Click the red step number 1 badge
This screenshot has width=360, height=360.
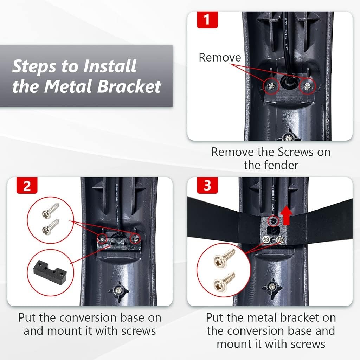click(x=207, y=20)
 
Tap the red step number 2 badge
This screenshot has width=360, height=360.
click(x=27, y=186)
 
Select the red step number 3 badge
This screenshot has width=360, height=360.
click(x=207, y=186)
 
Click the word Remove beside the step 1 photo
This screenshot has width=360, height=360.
click(x=220, y=57)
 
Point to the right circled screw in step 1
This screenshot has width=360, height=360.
click(x=307, y=86)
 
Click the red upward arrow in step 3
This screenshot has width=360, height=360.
click(x=286, y=215)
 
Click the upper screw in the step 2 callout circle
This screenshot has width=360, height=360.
click(x=51, y=211)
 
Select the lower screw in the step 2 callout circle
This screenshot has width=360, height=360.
click(x=51, y=227)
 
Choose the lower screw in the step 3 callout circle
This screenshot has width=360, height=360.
click(x=224, y=282)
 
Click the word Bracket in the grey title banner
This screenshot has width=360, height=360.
click(x=129, y=86)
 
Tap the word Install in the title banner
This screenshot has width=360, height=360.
click(x=110, y=66)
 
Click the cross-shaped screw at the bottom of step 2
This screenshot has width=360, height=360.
click(x=119, y=291)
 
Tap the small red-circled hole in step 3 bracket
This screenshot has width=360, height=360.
click(x=273, y=221)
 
